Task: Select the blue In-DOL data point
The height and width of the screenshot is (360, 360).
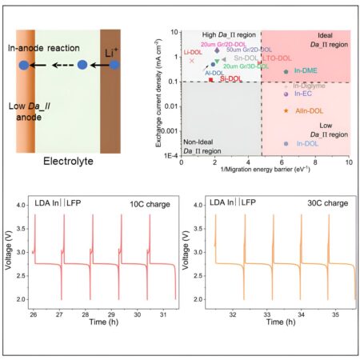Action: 286,143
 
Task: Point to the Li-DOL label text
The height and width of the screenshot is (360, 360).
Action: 193,52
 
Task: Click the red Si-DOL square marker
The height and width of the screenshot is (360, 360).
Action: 211,81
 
